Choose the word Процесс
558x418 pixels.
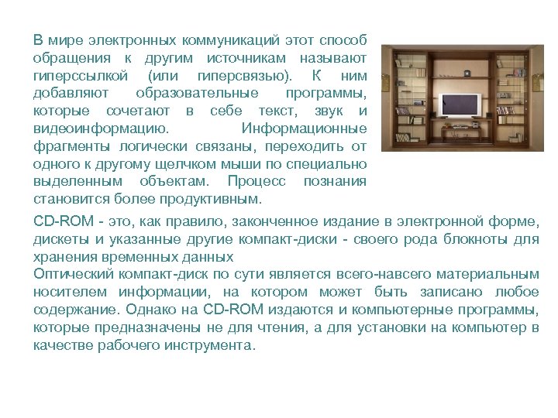point(257,180)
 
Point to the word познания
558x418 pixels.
point(335,180)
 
